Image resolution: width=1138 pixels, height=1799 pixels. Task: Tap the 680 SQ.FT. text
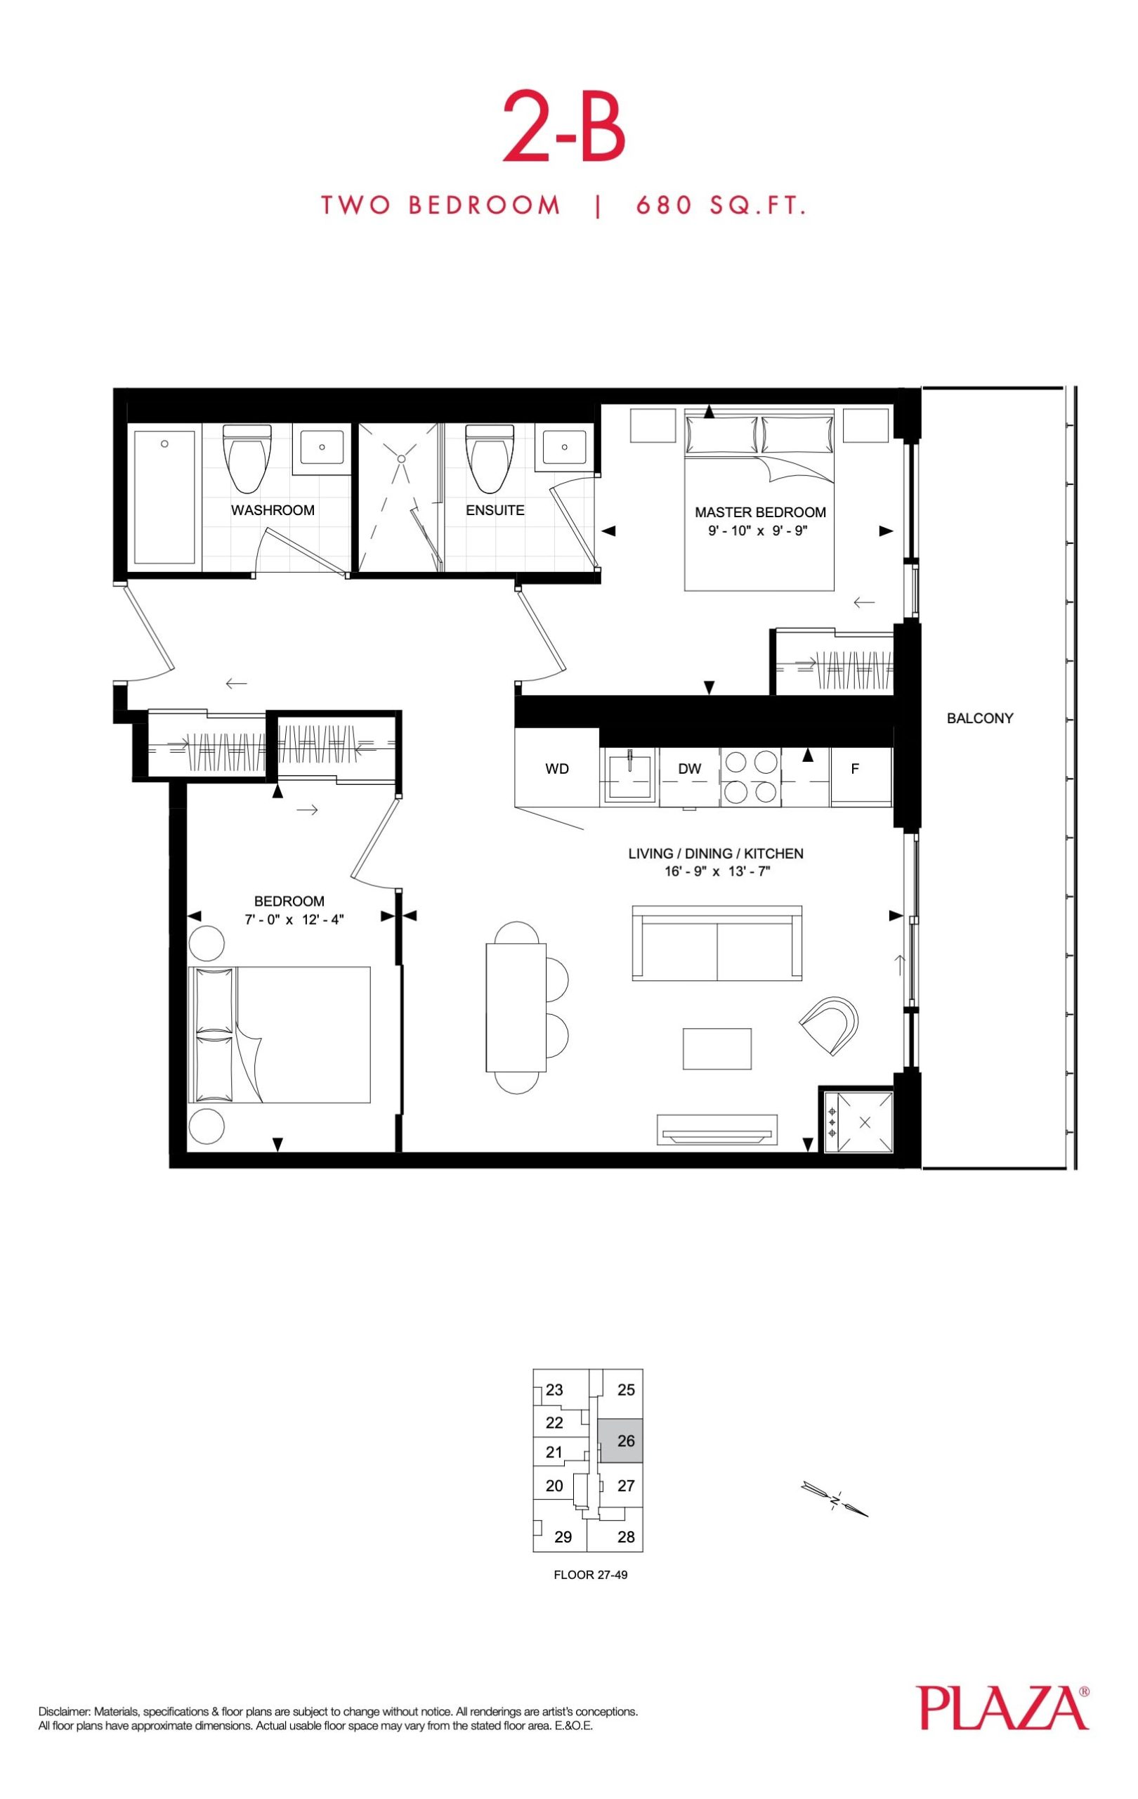(721, 205)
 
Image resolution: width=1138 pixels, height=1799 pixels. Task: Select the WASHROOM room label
(273, 510)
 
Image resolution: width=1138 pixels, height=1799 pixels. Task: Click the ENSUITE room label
(495, 510)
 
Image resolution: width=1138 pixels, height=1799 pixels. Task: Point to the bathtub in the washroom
(165, 498)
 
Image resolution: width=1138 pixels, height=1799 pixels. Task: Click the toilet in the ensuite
(489, 458)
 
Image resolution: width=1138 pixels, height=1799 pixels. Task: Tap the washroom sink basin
(322, 448)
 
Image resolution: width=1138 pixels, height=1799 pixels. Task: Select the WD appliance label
(557, 769)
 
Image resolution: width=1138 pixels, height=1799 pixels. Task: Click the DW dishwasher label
(689, 769)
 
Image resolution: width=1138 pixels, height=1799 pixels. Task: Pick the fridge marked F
(861, 776)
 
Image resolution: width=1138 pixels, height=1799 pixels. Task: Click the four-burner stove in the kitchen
(750, 777)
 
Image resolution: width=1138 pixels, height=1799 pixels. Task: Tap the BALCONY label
(980, 718)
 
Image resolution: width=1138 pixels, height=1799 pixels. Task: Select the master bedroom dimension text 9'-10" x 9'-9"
(759, 531)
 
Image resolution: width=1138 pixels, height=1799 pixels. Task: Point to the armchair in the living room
(830, 1025)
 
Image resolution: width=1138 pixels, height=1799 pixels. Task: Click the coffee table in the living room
(717, 1049)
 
